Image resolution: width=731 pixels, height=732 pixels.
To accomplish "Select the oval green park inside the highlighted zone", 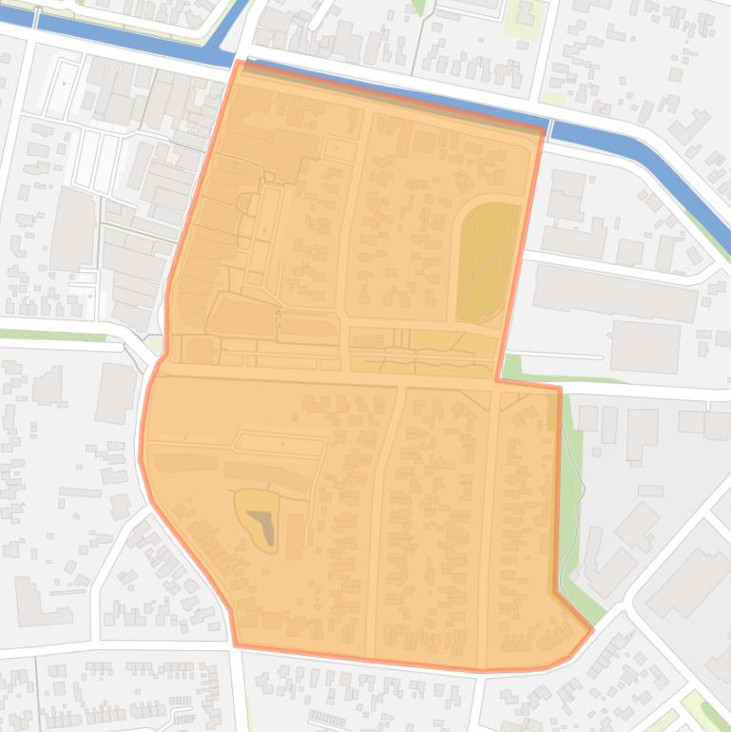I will (489, 260).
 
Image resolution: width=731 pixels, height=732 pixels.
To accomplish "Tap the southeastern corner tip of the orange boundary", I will (591, 628).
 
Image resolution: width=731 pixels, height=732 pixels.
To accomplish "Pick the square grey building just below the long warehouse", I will (644, 346).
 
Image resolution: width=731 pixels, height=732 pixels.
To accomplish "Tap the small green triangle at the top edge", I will (419, 8).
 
